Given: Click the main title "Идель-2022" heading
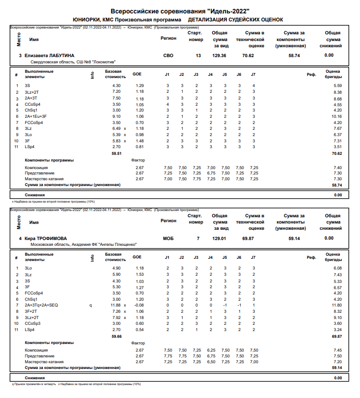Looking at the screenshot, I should click(x=180, y=11).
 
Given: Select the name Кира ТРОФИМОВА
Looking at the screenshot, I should click(x=49, y=238).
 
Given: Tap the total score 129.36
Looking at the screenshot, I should click(x=219, y=55).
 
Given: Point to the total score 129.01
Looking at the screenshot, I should click(x=219, y=238).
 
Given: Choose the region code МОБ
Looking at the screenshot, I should click(x=168, y=238).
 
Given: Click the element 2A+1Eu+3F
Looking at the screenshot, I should click(x=36, y=116).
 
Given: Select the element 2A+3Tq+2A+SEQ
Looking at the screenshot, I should click(x=41, y=305).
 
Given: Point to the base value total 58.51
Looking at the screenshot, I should click(x=116, y=153).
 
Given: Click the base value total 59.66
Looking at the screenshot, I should click(x=116, y=336).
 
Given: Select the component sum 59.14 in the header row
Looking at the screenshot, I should click(x=295, y=238).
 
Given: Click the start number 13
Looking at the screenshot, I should click(x=198, y=55).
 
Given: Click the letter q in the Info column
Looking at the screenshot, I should click(x=90, y=305).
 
